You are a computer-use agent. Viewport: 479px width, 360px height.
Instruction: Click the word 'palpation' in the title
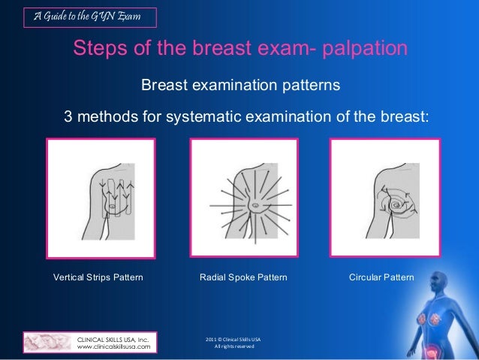[x=363, y=50]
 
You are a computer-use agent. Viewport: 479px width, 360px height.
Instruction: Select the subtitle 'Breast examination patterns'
[x=240, y=86]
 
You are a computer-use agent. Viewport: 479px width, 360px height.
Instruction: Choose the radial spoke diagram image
[x=244, y=198]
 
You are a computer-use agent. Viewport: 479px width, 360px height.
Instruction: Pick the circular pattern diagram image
[x=384, y=198]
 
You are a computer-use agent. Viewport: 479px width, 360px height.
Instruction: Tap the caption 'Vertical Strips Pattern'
[x=98, y=277]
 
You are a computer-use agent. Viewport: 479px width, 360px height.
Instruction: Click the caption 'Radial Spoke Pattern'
[x=243, y=277]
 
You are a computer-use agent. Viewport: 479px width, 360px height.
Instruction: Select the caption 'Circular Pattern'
[x=381, y=277]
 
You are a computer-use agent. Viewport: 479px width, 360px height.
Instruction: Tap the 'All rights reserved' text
[x=235, y=346]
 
